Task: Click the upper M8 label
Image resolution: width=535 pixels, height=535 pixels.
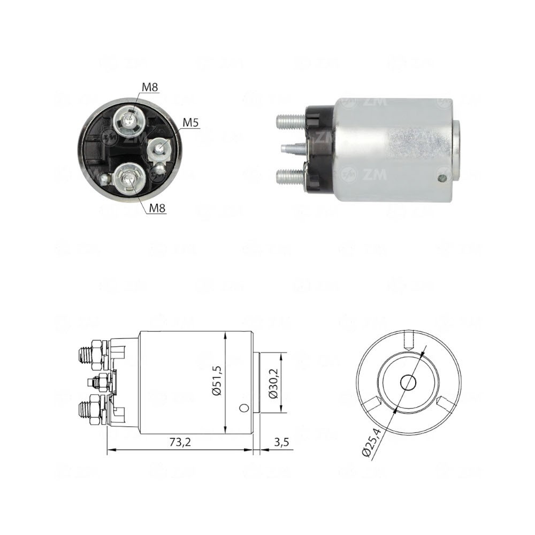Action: point(150,87)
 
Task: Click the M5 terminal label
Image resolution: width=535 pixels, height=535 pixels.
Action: point(190,123)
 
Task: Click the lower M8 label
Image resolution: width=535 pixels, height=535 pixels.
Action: point(156,209)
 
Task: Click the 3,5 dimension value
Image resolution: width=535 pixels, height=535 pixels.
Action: point(281,442)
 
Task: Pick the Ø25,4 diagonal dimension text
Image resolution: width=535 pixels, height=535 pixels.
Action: point(370,444)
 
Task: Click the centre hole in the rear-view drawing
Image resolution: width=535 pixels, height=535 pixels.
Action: point(409,382)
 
